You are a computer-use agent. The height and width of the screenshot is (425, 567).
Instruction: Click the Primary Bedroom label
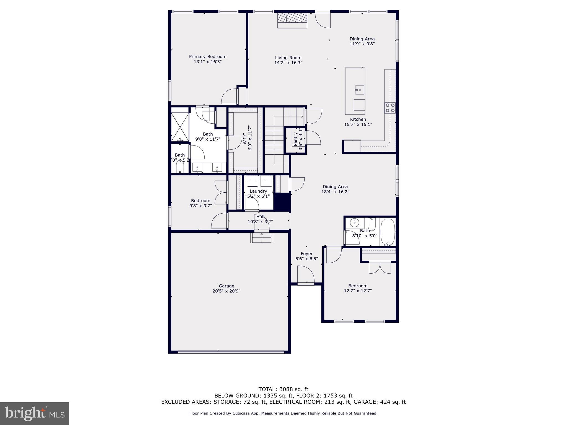(208, 57)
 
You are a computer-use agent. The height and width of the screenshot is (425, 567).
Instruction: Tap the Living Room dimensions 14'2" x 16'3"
(288, 63)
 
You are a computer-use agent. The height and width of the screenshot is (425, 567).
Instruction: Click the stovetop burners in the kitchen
(390, 108)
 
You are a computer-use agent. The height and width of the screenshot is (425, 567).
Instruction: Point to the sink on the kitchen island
(359, 90)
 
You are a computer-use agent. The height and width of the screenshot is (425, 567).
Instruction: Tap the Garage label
(226, 286)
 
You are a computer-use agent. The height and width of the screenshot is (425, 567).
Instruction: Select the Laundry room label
(258, 191)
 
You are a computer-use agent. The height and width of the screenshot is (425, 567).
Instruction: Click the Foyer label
(306, 254)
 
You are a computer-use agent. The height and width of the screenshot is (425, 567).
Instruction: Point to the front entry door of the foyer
(306, 275)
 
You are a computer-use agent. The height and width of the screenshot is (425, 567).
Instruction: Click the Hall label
(260, 217)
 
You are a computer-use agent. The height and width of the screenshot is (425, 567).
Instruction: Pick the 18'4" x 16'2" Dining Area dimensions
(335, 192)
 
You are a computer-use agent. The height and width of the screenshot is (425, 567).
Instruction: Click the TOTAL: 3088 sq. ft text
(283, 389)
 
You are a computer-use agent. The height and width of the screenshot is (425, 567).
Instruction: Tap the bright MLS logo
(35, 413)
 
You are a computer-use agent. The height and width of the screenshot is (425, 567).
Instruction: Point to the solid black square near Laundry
(282, 201)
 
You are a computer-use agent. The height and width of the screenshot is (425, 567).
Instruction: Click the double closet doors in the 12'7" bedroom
(380, 268)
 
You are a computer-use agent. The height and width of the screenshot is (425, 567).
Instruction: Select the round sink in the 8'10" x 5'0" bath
(354, 222)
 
